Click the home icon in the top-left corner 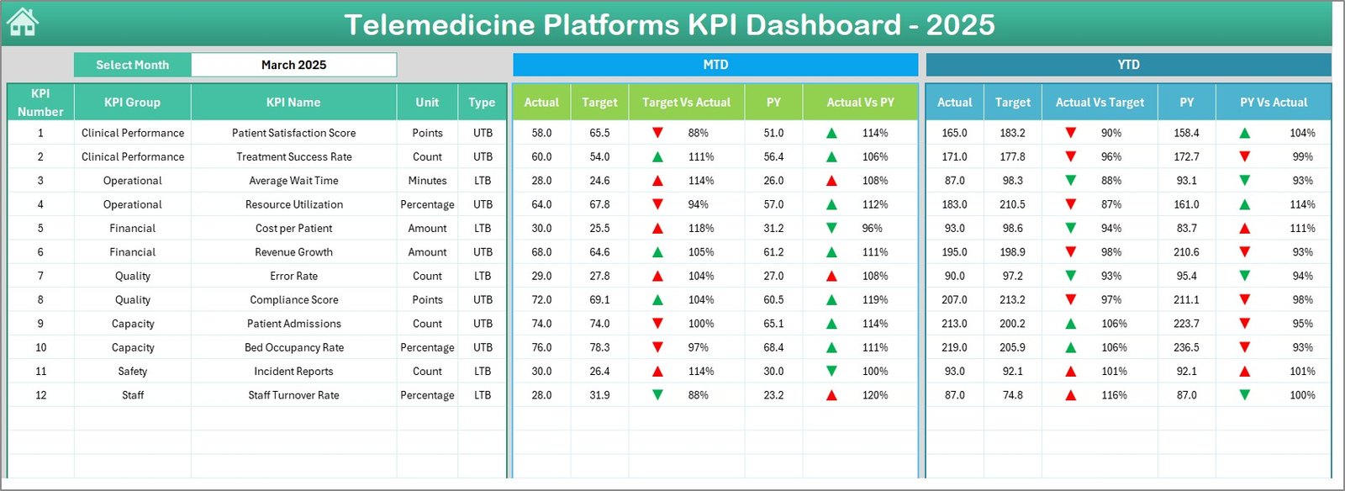click(x=23, y=23)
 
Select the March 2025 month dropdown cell click(x=293, y=65)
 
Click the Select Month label click(x=132, y=65)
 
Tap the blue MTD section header click(x=715, y=65)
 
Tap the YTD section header click(x=1128, y=65)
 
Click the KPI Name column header click(x=293, y=103)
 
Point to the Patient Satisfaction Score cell click(x=293, y=133)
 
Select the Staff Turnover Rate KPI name click(x=293, y=395)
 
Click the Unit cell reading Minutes click(x=427, y=181)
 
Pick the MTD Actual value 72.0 click(x=541, y=300)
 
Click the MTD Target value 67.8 click(x=599, y=204)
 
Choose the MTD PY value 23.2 click(x=773, y=395)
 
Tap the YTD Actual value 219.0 click(x=954, y=347)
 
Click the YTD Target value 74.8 click(x=1012, y=395)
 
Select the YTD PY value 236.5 click(x=1186, y=347)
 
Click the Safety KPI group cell click(x=132, y=372)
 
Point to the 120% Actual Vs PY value click(x=874, y=395)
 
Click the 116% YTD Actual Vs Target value click(x=1114, y=395)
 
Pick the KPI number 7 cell click(x=40, y=276)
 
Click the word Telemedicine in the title click(x=440, y=24)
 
